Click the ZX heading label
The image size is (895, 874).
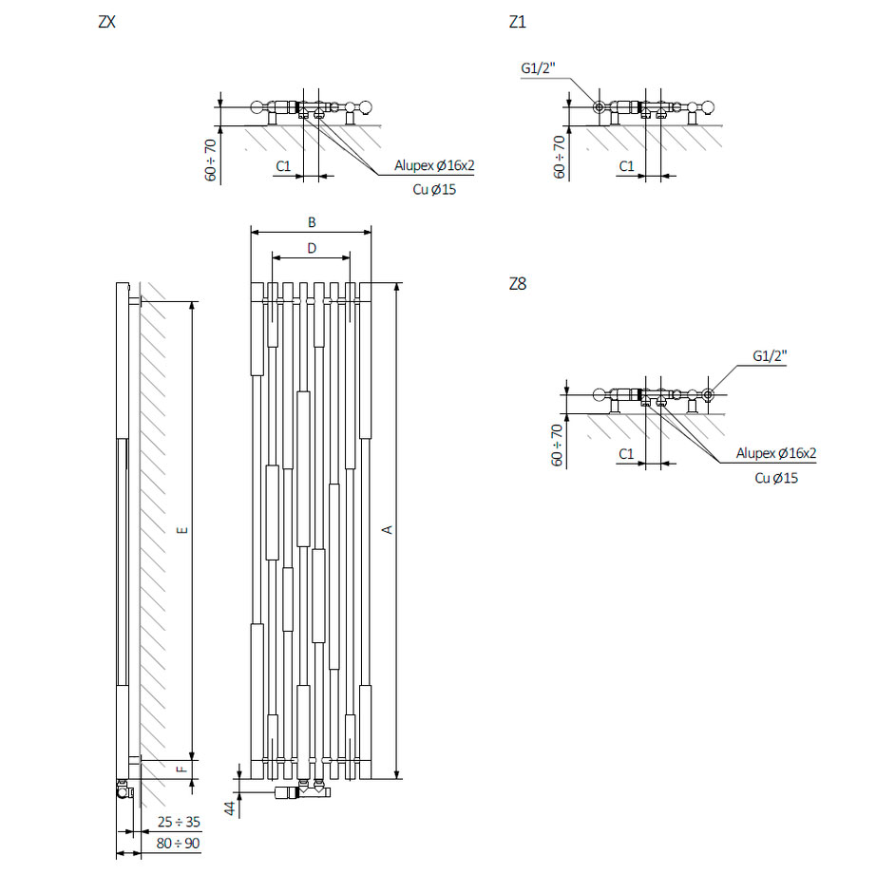(106, 22)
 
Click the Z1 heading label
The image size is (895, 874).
(517, 22)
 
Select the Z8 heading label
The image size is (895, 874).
(518, 284)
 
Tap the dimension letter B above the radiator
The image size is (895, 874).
(312, 222)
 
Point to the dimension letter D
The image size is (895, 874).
(312, 249)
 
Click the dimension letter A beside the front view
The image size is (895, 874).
(387, 529)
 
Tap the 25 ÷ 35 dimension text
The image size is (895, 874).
(179, 821)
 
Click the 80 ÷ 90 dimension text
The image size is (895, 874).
(179, 843)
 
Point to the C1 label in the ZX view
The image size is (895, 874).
(282, 166)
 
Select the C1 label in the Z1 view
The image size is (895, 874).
(626, 166)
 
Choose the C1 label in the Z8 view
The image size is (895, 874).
(625, 454)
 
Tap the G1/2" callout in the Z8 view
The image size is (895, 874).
(770, 354)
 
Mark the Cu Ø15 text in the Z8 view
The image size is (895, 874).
(776, 478)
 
